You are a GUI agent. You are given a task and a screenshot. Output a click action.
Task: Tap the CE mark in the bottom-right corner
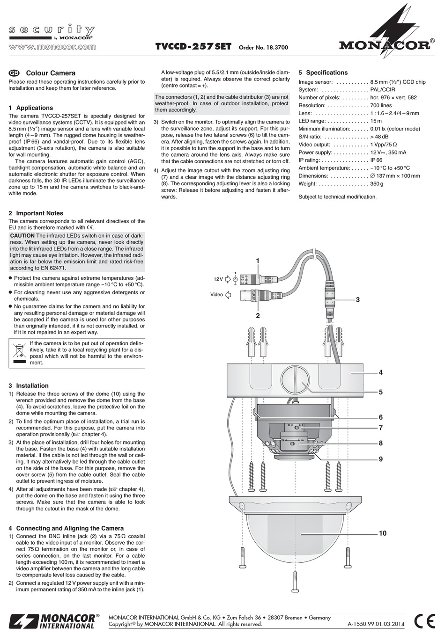coord(424,620)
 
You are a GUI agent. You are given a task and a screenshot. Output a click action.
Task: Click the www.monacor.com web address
coord(52,47)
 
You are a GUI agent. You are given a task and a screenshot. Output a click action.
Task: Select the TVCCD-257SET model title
coord(193,47)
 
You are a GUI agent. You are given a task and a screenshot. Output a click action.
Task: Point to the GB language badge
coord(14,73)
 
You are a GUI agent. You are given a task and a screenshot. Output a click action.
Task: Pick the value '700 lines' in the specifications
coord(380,105)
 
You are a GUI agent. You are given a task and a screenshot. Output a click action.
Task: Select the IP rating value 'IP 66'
coord(376,160)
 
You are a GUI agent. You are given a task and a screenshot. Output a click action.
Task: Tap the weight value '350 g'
coord(377,184)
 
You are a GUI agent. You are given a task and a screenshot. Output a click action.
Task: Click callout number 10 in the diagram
coord(382,533)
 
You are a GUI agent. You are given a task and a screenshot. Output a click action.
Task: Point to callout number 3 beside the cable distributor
coord(357,299)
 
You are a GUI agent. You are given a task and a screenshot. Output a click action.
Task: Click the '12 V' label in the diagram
coord(218,279)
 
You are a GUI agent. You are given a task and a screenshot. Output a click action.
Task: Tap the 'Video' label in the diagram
coord(216,295)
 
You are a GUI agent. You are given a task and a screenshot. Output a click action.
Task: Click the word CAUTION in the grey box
coord(22,236)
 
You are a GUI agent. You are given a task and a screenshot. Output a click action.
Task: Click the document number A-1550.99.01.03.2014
coord(377,624)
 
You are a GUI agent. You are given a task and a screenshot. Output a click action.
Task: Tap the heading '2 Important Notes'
coord(36,213)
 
